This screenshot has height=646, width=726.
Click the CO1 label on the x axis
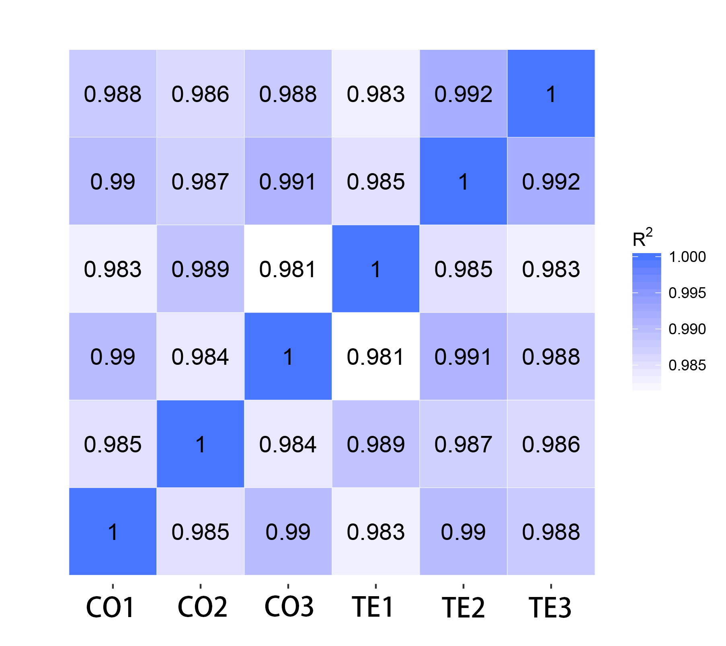click(111, 607)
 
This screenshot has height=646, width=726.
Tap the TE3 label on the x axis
click(550, 607)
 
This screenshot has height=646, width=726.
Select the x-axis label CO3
click(289, 607)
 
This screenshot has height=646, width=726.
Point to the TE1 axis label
click(373, 607)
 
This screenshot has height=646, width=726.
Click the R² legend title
click(642, 238)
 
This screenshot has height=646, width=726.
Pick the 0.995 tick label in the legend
click(687, 293)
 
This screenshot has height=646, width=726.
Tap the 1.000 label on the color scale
click(687, 257)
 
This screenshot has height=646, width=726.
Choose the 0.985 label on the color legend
click(687, 366)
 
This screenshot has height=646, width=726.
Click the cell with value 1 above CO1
click(113, 532)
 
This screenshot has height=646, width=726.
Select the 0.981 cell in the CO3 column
click(288, 269)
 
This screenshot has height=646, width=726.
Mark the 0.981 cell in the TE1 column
click(376, 356)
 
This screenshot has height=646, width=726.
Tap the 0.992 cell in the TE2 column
click(463, 94)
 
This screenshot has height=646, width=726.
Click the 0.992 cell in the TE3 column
click(551, 181)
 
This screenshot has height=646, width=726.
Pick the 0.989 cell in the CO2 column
click(201, 269)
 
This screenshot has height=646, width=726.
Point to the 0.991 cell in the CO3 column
click(288, 181)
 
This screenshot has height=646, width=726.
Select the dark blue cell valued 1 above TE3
click(551, 94)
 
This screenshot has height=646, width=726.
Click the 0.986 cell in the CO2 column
click(201, 94)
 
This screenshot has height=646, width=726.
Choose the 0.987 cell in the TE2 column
click(463, 444)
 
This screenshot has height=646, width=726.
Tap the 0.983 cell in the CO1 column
click(113, 269)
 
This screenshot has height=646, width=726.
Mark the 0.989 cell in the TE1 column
click(376, 444)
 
